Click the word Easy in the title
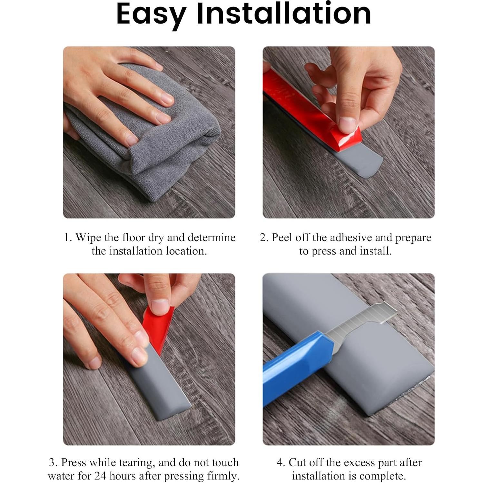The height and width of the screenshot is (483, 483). [151, 14]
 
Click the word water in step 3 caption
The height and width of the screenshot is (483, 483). [62, 476]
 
